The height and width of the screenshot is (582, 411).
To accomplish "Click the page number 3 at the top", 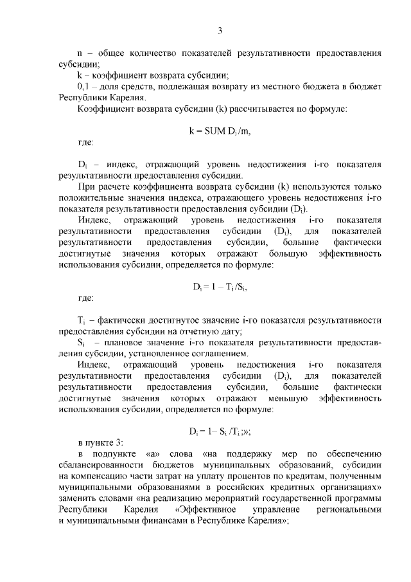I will (x=220, y=30).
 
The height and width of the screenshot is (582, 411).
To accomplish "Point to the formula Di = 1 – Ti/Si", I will (x=220, y=287).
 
